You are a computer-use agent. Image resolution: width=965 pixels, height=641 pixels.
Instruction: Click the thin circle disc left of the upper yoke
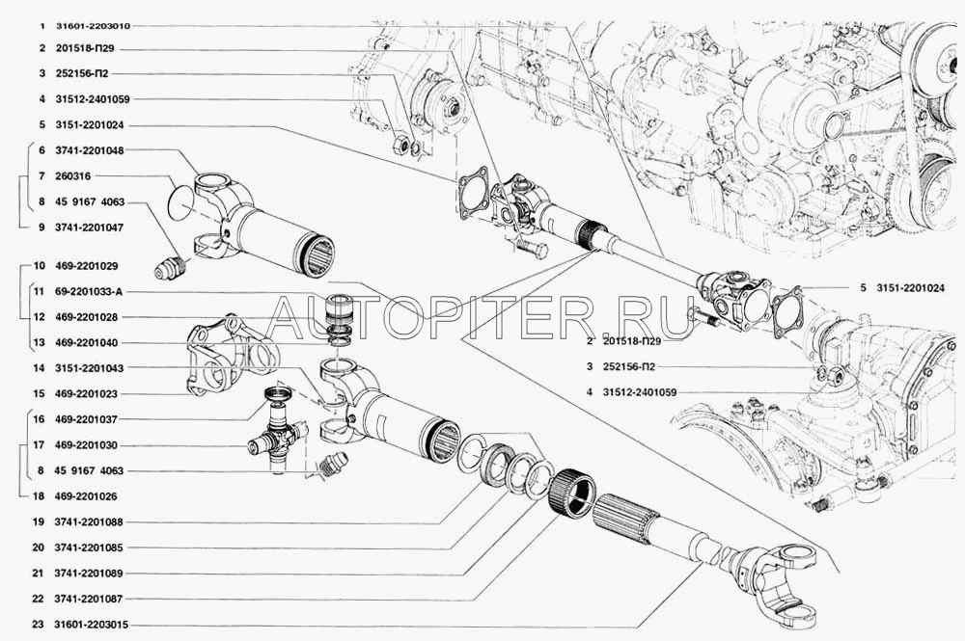tap(174, 202)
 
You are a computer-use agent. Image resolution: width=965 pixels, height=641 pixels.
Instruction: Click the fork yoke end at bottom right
tap(782, 569)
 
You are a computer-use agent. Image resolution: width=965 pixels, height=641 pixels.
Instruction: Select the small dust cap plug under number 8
tap(171, 267)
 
